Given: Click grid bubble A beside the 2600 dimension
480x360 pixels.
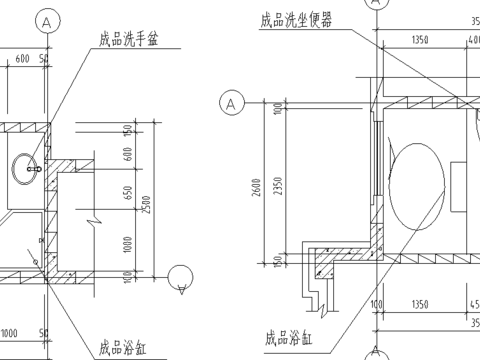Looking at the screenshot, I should pos(231,103).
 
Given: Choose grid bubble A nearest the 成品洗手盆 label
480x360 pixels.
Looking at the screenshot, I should pos(46,21).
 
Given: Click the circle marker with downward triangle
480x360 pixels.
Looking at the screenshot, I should pos(181,279).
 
